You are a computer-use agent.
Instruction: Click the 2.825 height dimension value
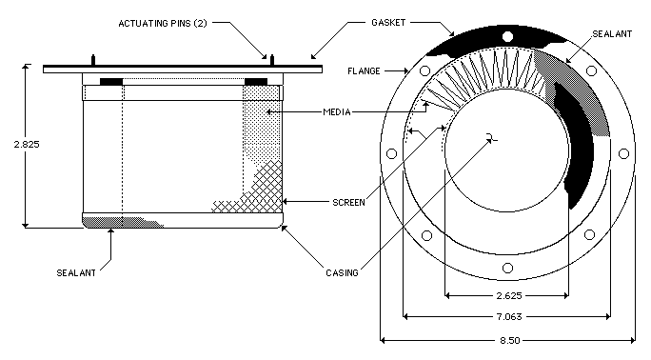click(26, 145)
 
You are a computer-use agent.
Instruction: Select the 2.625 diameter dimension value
click(509, 296)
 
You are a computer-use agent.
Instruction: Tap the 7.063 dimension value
click(509, 317)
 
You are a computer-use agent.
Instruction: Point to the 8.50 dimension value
click(509, 341)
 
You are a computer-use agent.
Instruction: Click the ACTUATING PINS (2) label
click(163, 23)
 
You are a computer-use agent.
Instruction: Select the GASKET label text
click(388, 23)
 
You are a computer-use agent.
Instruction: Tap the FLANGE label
click(364, 71)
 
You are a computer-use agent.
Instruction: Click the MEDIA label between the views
click(337, 112)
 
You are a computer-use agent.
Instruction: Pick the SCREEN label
click(348, 203)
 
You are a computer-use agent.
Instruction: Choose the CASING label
click(342, 272)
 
